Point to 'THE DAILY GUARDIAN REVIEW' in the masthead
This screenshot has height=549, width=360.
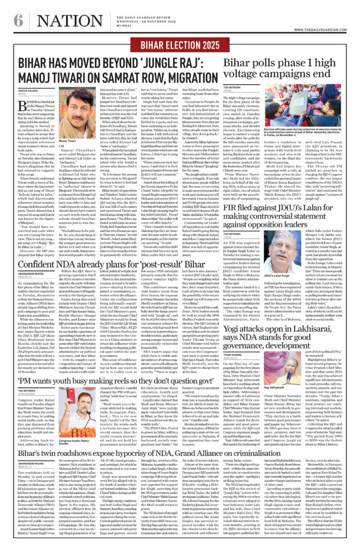coord(179,13)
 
